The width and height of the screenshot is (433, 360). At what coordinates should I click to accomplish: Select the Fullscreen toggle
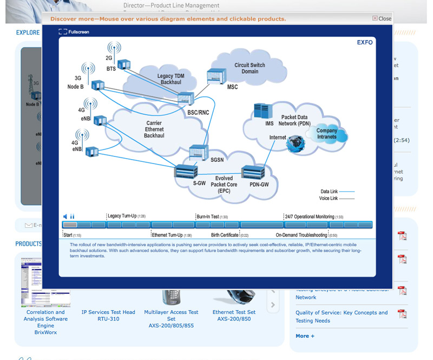point(74,32)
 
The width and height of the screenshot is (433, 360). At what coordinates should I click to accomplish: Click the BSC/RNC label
point(198,113)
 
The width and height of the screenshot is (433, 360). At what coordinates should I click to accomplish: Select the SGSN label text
point(216,160)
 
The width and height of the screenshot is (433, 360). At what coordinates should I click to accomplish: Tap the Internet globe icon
point(296,143)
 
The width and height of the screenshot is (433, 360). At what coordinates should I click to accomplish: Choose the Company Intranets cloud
point(327,134)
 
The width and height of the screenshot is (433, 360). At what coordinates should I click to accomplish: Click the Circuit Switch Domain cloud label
point(250,68)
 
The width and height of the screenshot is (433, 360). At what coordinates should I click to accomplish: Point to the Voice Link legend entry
point(337,198)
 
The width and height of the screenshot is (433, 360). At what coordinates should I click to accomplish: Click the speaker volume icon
point(65,216)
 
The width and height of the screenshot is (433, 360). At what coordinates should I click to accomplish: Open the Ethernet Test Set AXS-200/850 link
point(234,315)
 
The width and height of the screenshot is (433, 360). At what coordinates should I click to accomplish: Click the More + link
point(305,336)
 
